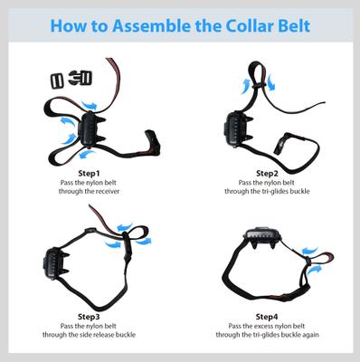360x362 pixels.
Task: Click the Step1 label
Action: point(89,173)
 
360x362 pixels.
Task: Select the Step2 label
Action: point(267,173)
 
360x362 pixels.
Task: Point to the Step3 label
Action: point(89,317)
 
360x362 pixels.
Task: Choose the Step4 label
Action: point(267,317)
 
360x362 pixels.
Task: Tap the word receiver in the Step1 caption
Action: point(106,192)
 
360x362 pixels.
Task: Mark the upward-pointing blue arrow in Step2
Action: point(243,84)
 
